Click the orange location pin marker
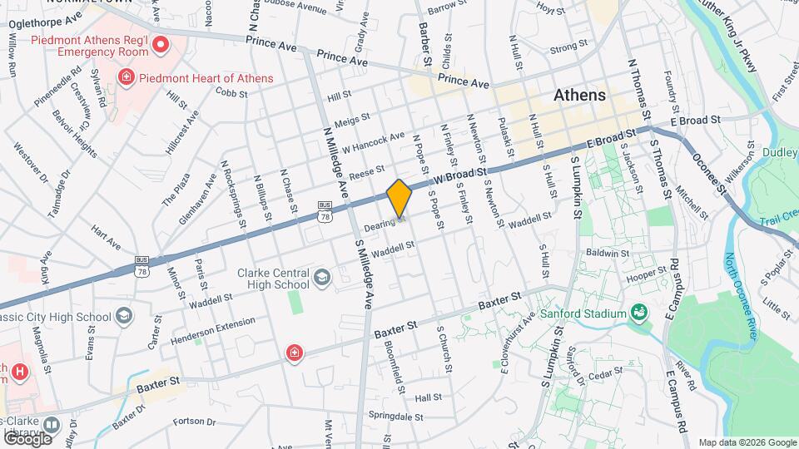[x=399, y=199]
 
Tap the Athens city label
[x=580, y=95]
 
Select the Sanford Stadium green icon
[x=638, y=313]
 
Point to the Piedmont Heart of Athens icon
[x=126, y=78]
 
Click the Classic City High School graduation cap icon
[x=124, y=316]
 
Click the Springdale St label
[x=397, y=417]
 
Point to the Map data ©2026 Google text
[x=747, y=442]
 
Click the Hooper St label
[x=647, y=273]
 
